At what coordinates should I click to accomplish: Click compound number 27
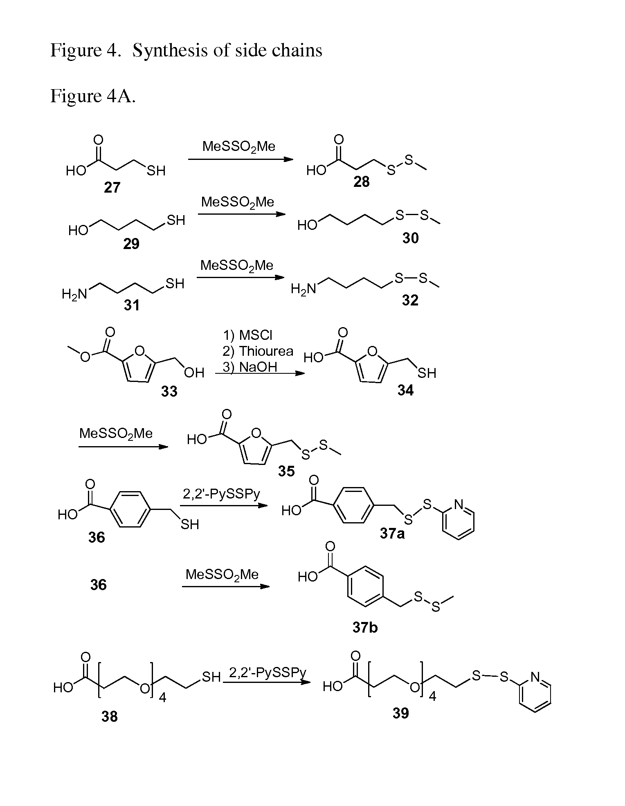112,187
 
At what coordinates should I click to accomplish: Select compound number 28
362,182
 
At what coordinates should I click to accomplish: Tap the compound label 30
410,238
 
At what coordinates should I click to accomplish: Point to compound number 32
410,300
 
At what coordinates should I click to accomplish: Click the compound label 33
169,391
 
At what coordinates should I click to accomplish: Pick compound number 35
286,471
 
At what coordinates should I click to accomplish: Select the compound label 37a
392,533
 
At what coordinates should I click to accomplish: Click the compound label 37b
365,627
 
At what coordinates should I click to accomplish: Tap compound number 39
400,713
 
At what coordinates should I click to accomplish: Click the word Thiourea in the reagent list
266,351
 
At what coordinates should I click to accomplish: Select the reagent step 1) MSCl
247,335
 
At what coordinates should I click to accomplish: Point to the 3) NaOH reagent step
250,367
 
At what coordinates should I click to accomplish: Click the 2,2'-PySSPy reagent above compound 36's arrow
221,495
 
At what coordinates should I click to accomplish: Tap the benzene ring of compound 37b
365,586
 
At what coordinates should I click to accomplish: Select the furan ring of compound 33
139,365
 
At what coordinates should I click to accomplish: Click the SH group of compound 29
176,220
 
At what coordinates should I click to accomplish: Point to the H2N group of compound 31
74,294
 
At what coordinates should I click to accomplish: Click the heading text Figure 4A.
93,97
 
